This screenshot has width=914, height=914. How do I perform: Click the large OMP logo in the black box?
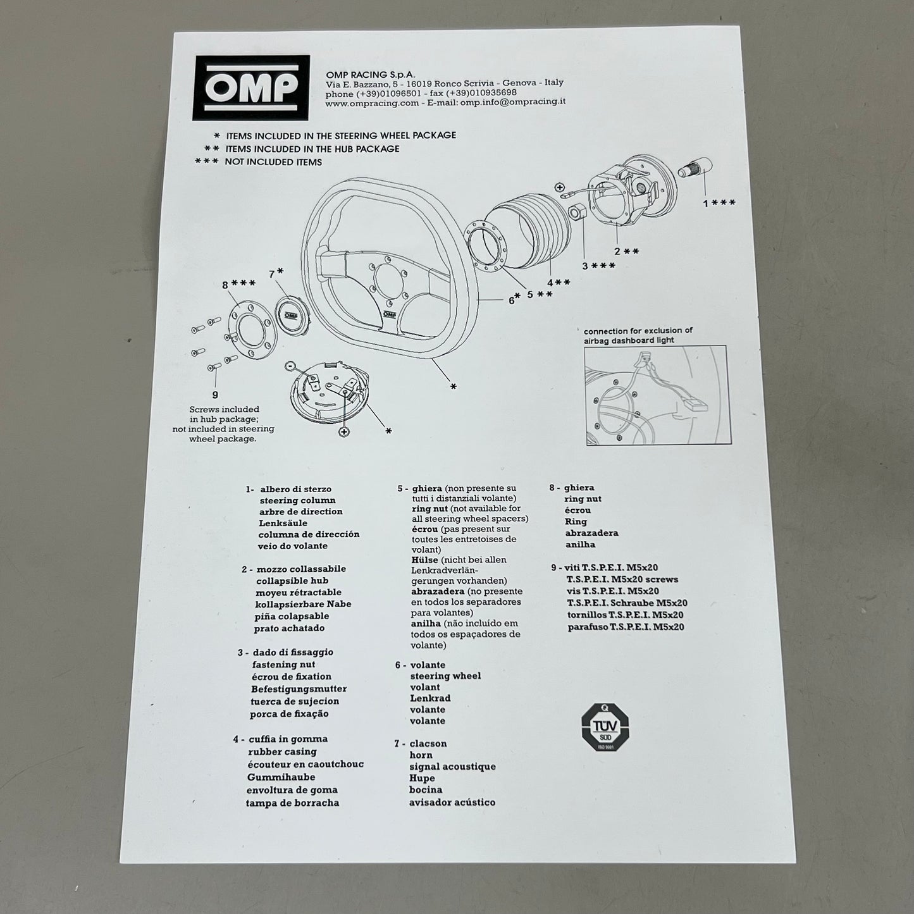251,87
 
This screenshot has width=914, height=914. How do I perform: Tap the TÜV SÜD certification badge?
605,727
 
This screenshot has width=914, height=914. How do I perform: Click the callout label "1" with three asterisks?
719,203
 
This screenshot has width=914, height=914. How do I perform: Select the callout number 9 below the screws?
215,395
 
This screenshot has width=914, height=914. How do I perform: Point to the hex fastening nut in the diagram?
575,211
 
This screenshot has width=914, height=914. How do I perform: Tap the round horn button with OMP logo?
291,316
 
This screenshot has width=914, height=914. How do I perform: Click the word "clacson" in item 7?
428,744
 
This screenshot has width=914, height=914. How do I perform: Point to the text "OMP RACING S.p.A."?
371,75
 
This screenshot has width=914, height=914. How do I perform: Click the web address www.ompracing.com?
373,103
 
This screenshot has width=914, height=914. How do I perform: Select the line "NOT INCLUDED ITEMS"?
273,162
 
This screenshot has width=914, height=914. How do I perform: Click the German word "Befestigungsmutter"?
299,689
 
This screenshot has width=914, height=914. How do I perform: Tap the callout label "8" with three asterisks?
238,284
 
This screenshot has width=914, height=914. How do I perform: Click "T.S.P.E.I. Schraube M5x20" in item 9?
627,603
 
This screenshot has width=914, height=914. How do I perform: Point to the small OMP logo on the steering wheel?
388,314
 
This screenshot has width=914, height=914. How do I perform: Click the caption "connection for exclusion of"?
638,331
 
